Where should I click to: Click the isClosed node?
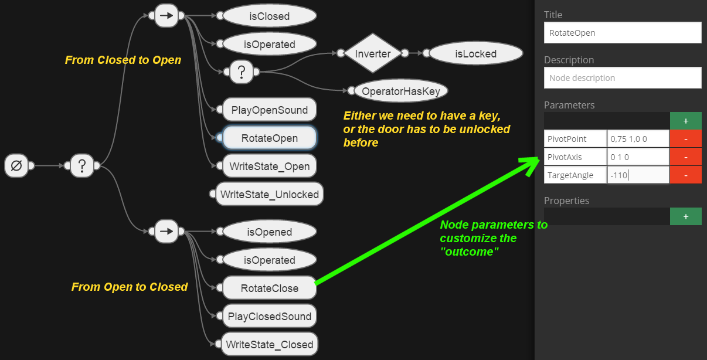pyautogui.click(x=270, y=16)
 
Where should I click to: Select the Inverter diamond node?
pyautogui.click(x=373, y=54)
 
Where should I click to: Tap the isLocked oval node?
pyautogui.click(x=475, y=54)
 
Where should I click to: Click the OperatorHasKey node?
pyautogui.click(x=401, y=91)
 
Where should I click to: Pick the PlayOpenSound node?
pyautogui.click(x=270, y=110)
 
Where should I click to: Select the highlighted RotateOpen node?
pyautogui.click(x=270, y=138)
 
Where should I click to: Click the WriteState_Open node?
pyautogui.click(x=270, y=167)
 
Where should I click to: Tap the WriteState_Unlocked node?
pyautogui.click(x=270, y=195)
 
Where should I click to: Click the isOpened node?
pyautogui.click(x=270, y=232)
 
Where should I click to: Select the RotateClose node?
pyautogui.click(x=270, y=288)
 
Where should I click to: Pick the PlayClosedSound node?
pyautogui.click(x=270, y=317)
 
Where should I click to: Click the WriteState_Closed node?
pyautogui.click(x=270, y=345)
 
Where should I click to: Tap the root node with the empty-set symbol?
pyautogui.click(x=17, y=166)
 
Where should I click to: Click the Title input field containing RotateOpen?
pyautogui.click(x=622, y=33)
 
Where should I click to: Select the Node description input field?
pyautogui.click(x=622, y=78)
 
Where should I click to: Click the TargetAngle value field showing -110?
pyautogui.click(x=638, y=175)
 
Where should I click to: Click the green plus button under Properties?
pyautogui.click(x=685, y=216)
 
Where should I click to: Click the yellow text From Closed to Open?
pyautogui.click(x=123, y=60)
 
